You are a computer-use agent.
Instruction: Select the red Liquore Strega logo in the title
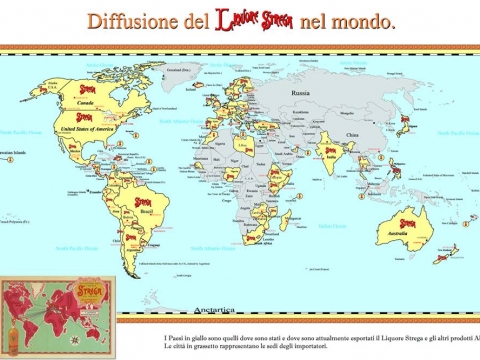click(x=253, y=21)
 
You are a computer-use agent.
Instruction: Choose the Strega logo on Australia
click(x=408, y=223)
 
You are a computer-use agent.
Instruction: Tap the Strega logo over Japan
click(x=406, y=122)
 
